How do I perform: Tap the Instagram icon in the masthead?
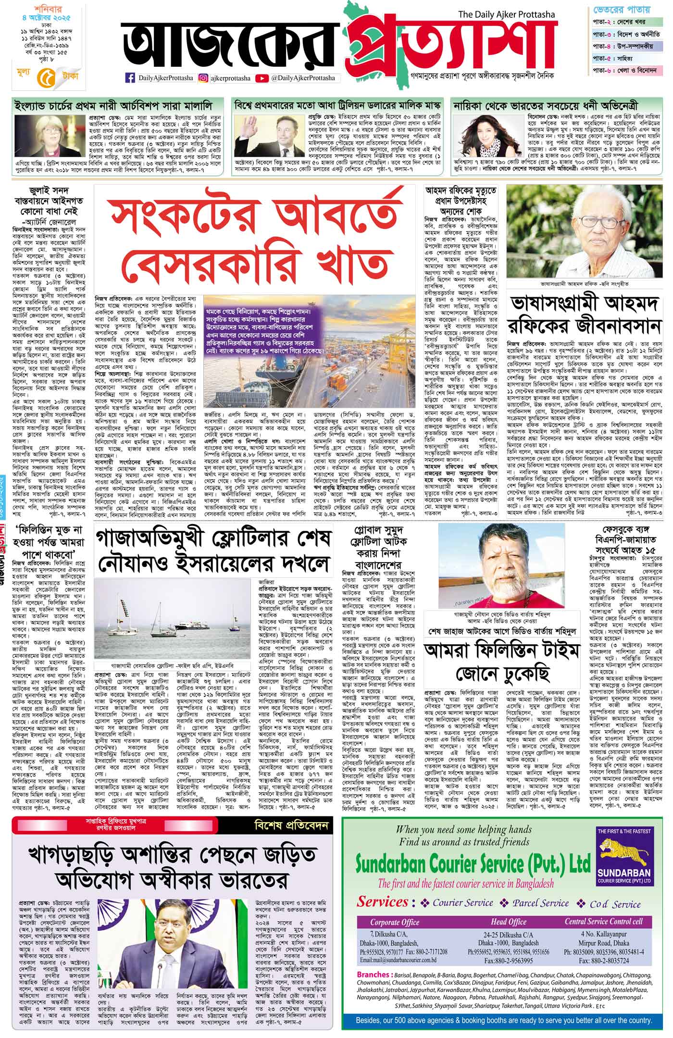[x=203, y=78]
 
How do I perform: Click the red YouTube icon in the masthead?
[x=262, y=78]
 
